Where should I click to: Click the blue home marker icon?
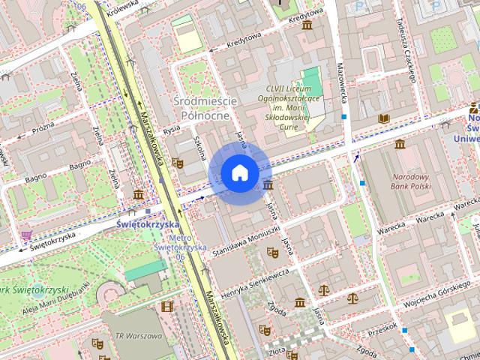pos(239,173)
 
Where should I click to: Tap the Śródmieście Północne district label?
pos(204,108)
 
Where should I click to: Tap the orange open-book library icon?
pos(385,118)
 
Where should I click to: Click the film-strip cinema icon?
pos(166,306)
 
